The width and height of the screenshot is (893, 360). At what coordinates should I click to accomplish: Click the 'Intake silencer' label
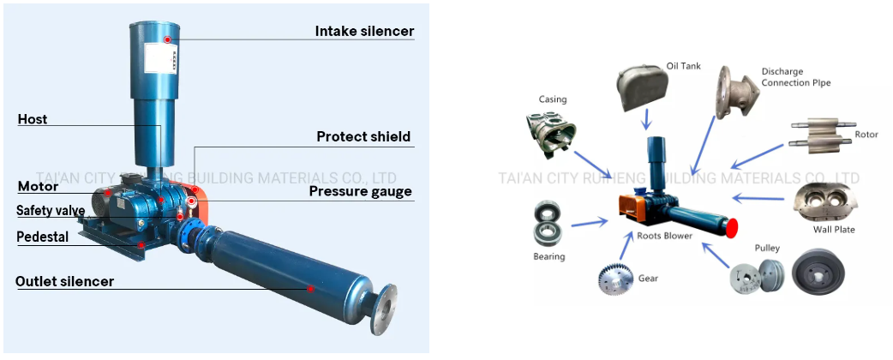click(364, 32)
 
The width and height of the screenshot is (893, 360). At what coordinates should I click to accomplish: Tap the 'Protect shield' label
click(363, 137)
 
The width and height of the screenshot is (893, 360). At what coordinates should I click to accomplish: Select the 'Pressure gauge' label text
click(361, 192)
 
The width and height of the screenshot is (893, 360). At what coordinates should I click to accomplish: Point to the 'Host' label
click(33, 120)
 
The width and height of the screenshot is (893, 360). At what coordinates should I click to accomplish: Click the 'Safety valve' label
click(51, 211)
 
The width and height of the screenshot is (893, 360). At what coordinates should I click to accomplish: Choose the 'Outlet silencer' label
click(64, 281)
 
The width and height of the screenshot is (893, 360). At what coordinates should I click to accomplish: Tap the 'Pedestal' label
click(43, 237)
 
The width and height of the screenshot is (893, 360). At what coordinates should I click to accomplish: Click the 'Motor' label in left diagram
click(39, 187)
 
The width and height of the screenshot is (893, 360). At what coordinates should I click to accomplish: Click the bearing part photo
click(547, 224)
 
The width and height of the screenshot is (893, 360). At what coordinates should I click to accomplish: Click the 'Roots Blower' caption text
click(666, 235)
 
